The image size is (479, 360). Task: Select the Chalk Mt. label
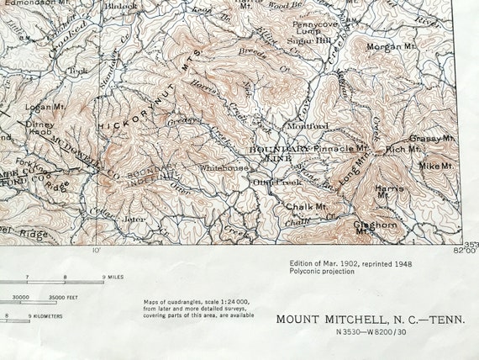pyautogui.click(x=306, y=206)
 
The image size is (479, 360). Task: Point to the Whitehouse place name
pyautogui.click(x=224, y=167)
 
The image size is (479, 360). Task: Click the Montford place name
pyautogui.click(x=308, y=127)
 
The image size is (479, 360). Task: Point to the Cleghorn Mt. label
pyautogui.click(x=375, y=227)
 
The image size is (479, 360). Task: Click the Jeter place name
pyautogui.click(x=134, y=219)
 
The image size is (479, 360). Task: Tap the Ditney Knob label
pyautogui.click(x=39, y=126)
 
